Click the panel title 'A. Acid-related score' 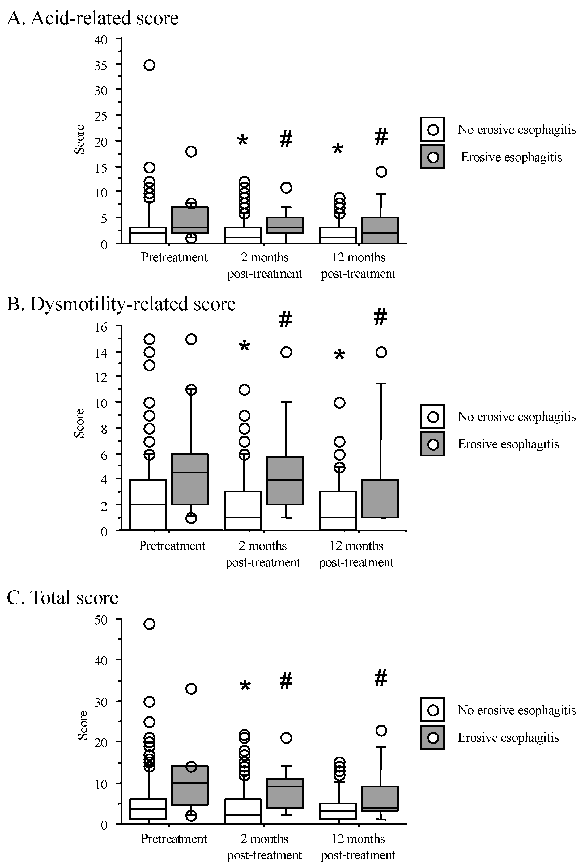(x=93, y=18)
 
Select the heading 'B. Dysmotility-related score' (x=121, y=304)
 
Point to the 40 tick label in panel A (x=100, y=39)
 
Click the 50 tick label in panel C (x=100, y=620)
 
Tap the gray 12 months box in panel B (x=381, y=499)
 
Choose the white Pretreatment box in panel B (x=148, y=505)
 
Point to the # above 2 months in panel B (x=286, y=319)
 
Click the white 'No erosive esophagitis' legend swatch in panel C (x=432, y=710)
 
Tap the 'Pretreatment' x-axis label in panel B (x=172, y=546)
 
